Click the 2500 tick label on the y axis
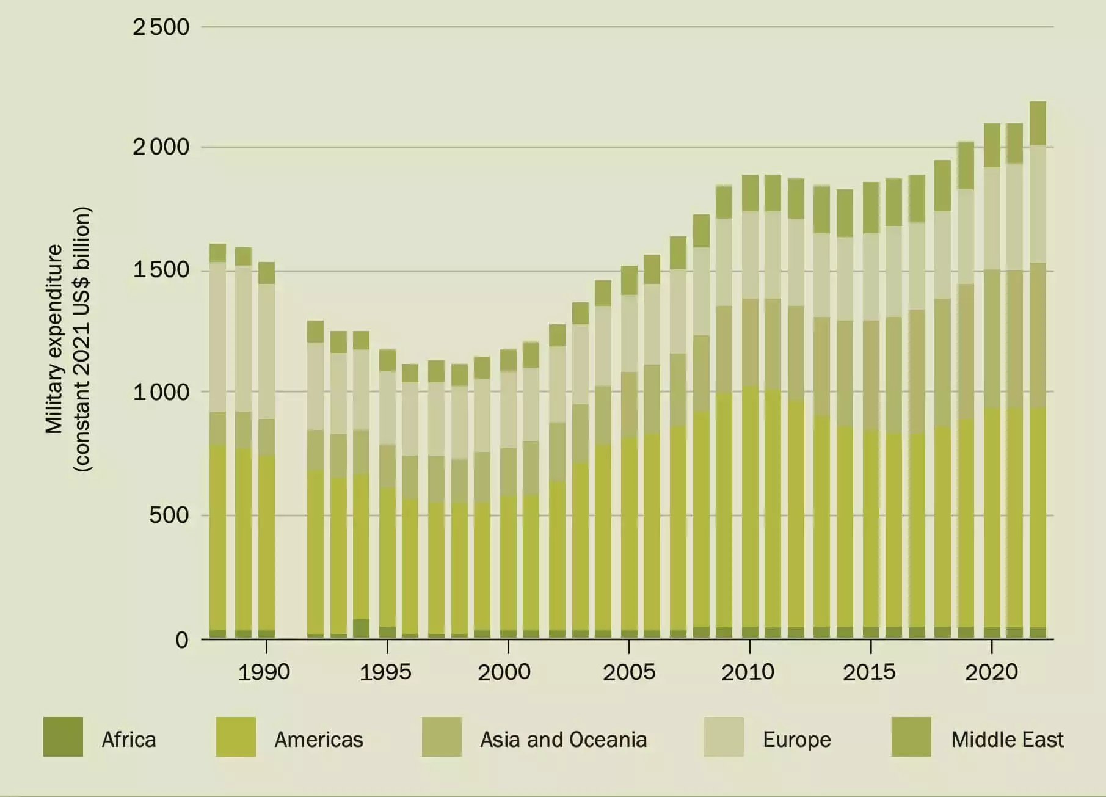tap(161, 27)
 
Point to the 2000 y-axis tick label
tap(161, 147)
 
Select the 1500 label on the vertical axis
tap(161, 270)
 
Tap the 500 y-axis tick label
tap(169, 515)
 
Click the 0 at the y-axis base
tap(182, 640)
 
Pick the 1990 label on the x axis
tap(264, 672)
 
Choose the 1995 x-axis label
tap(385, 672)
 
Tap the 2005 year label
tap(628, 672)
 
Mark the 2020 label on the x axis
tap(991, 672)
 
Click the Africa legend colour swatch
tap(63, 737)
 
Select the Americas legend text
tap(319, 740)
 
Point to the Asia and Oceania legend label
tap(563, 740)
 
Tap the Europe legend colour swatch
tap(724, 737)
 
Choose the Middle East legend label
tap(1007, 740)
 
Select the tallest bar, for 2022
tap(1038, 369)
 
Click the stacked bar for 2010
tap(750, 406)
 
